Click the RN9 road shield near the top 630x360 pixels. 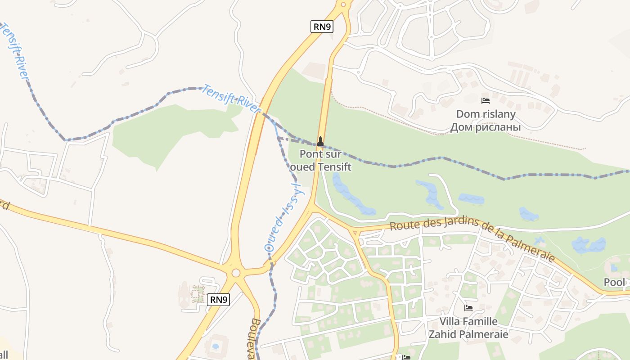[322, 27]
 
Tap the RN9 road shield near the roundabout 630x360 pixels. [219, 299]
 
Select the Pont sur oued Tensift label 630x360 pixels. [320, 160]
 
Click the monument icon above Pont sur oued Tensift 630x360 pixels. [320, 141]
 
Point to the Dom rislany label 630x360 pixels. [486, 121]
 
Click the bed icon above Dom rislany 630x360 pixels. [485, 101]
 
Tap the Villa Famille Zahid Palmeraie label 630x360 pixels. [468, 328]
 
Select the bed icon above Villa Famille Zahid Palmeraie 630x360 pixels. [468, 308]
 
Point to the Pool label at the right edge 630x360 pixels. [614, 282]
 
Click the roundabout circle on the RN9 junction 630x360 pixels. [236, 273]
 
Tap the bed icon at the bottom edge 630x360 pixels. [406, 357]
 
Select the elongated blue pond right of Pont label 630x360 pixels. [353, 193]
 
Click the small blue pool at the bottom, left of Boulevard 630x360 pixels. [216, 346]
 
